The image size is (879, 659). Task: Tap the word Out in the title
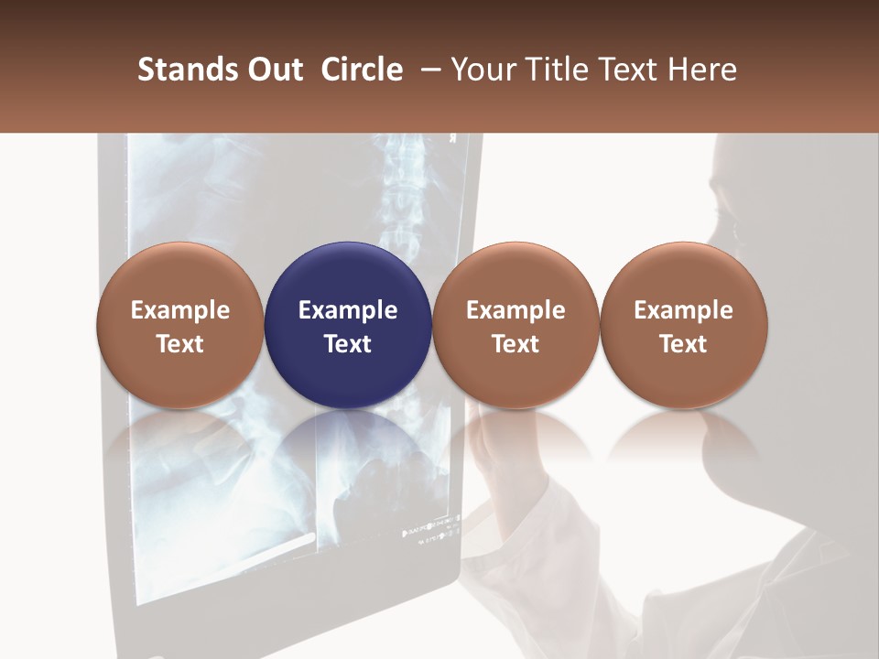(273, 70)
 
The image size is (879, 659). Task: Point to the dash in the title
(426, 70)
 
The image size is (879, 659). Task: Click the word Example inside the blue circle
(348, 310)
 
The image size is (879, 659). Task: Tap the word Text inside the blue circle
(348, 344)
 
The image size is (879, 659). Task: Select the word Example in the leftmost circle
(180, 310)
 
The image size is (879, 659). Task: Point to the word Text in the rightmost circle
(683, 344)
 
